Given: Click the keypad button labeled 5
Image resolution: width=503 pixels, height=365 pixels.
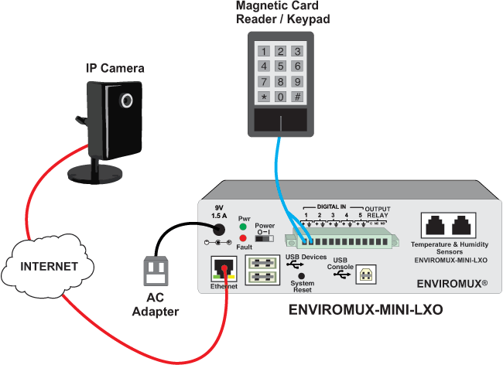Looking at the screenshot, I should [281, 67].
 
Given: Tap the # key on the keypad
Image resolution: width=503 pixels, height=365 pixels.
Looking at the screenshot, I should [297, 97].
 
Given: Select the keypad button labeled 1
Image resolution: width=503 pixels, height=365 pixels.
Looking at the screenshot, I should [265, 52].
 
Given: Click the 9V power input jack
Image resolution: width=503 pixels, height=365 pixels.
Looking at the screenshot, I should [218, 229].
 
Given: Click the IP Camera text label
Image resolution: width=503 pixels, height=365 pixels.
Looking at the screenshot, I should [115, 69].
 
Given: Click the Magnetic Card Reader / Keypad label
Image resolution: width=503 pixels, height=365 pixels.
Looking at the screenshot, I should [282, 12].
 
